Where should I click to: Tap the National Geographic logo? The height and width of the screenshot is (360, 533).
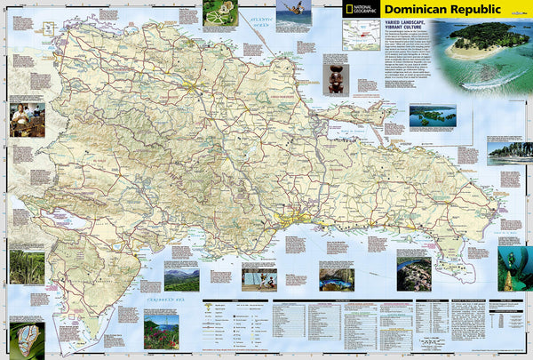pyautogui.click(x=368, y=12)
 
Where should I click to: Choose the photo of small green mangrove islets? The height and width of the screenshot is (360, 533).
pyautogui.click(x=433, y=116)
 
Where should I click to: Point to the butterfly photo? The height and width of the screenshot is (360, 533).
pyautogui.click(x=27, y=340)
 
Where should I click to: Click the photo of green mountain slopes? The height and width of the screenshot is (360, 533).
pyautogui.click(x=181, y=278)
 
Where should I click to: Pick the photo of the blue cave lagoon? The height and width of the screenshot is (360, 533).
pyautogui.click(x=337, y=279)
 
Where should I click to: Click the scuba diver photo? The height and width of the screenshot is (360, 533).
pyautogui.click(x=515, y=266)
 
